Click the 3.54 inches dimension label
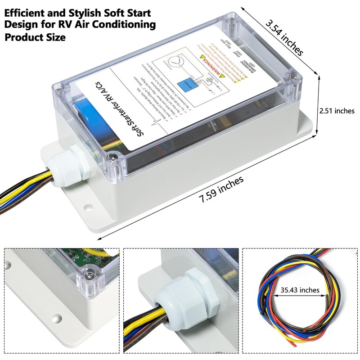tap(284, 37)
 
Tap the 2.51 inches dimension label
tap(337, 111)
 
